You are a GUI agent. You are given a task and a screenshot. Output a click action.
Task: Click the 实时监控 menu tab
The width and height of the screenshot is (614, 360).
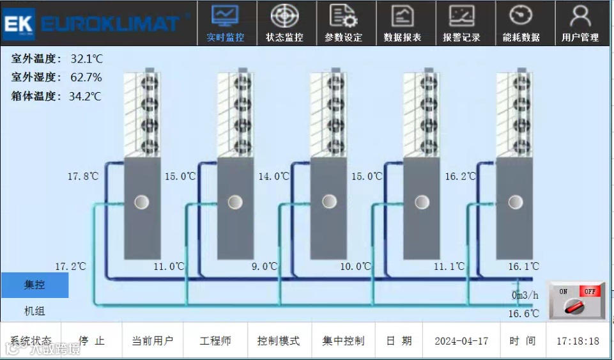pyautogui.click(x=226, y=24)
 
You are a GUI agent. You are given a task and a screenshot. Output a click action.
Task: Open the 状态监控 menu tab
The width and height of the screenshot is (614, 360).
pyautogui.click(x=284, y=24)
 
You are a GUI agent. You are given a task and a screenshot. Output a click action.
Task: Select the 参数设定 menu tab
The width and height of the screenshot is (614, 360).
pyautogui.click(x=344, y=24)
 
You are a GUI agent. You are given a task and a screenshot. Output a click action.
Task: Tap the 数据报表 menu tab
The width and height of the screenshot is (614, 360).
pyautogui.click(x=403, y=24)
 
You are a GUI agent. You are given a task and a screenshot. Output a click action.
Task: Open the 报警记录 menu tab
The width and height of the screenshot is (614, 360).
pyautogui.click(x=461, y=24)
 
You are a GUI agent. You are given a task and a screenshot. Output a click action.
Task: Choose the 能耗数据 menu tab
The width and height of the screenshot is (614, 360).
pyautogui.click(x=521, y=24)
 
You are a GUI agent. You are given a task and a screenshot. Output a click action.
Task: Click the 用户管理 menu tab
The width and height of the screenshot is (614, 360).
pyautogui.click(x=580, y=24)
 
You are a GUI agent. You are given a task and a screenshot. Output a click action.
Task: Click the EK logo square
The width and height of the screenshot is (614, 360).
pyautogui.click(x=19, y=24)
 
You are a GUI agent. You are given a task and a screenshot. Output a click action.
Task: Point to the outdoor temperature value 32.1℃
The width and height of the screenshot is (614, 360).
pyautogui.click(x=86, y=59)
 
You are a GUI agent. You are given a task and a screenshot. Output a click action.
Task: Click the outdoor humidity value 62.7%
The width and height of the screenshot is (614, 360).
pyautogui.click(x=86, y=78)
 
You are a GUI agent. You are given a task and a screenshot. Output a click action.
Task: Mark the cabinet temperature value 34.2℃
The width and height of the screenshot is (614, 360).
pyautogui.click(x=85, y=97)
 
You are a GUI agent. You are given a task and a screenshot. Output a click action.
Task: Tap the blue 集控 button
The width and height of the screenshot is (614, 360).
pyautogui.click(x=35, y=285)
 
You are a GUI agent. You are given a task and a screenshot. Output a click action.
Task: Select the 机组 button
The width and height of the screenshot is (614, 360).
pyautogui.click(x=35, y=311)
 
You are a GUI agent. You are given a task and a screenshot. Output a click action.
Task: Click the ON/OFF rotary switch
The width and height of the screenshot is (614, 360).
pyautogui.click(x=576, y=301)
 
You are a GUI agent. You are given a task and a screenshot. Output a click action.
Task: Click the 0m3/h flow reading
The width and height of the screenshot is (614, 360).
pyautogui.click(x=525, y=295)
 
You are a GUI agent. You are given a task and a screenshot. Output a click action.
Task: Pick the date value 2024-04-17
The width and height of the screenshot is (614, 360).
pyautogui.click(x=461, y=341)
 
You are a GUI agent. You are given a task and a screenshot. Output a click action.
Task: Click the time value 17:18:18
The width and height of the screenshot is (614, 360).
pyautogui.click(x=578, y=341)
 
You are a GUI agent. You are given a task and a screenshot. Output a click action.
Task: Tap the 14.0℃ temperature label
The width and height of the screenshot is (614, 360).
pyautogui.click(x=273, y=176)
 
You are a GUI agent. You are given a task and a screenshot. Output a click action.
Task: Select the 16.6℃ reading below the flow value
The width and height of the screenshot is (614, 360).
pyautogui.click(x=523, y=313)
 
